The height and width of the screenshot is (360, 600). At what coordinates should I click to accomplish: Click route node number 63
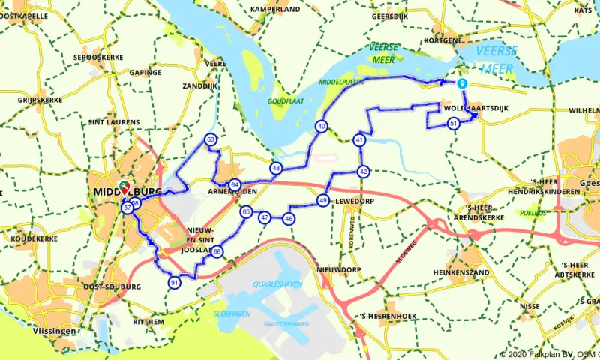[211, 140]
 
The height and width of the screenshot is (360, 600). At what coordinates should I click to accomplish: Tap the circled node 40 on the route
[322, 127]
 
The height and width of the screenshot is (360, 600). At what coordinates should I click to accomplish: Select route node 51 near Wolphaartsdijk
[453, 124]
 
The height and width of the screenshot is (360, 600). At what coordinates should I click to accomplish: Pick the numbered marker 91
[174, 283]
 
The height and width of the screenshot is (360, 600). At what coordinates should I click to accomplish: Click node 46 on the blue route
[289, 218]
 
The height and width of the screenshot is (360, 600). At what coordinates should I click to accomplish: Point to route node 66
[217, 252]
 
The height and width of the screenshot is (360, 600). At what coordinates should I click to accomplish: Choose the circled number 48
[277, 169]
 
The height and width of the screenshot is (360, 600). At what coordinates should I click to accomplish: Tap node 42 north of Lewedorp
[363, 172]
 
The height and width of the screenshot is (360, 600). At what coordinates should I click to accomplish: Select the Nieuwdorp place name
[339, 268]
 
